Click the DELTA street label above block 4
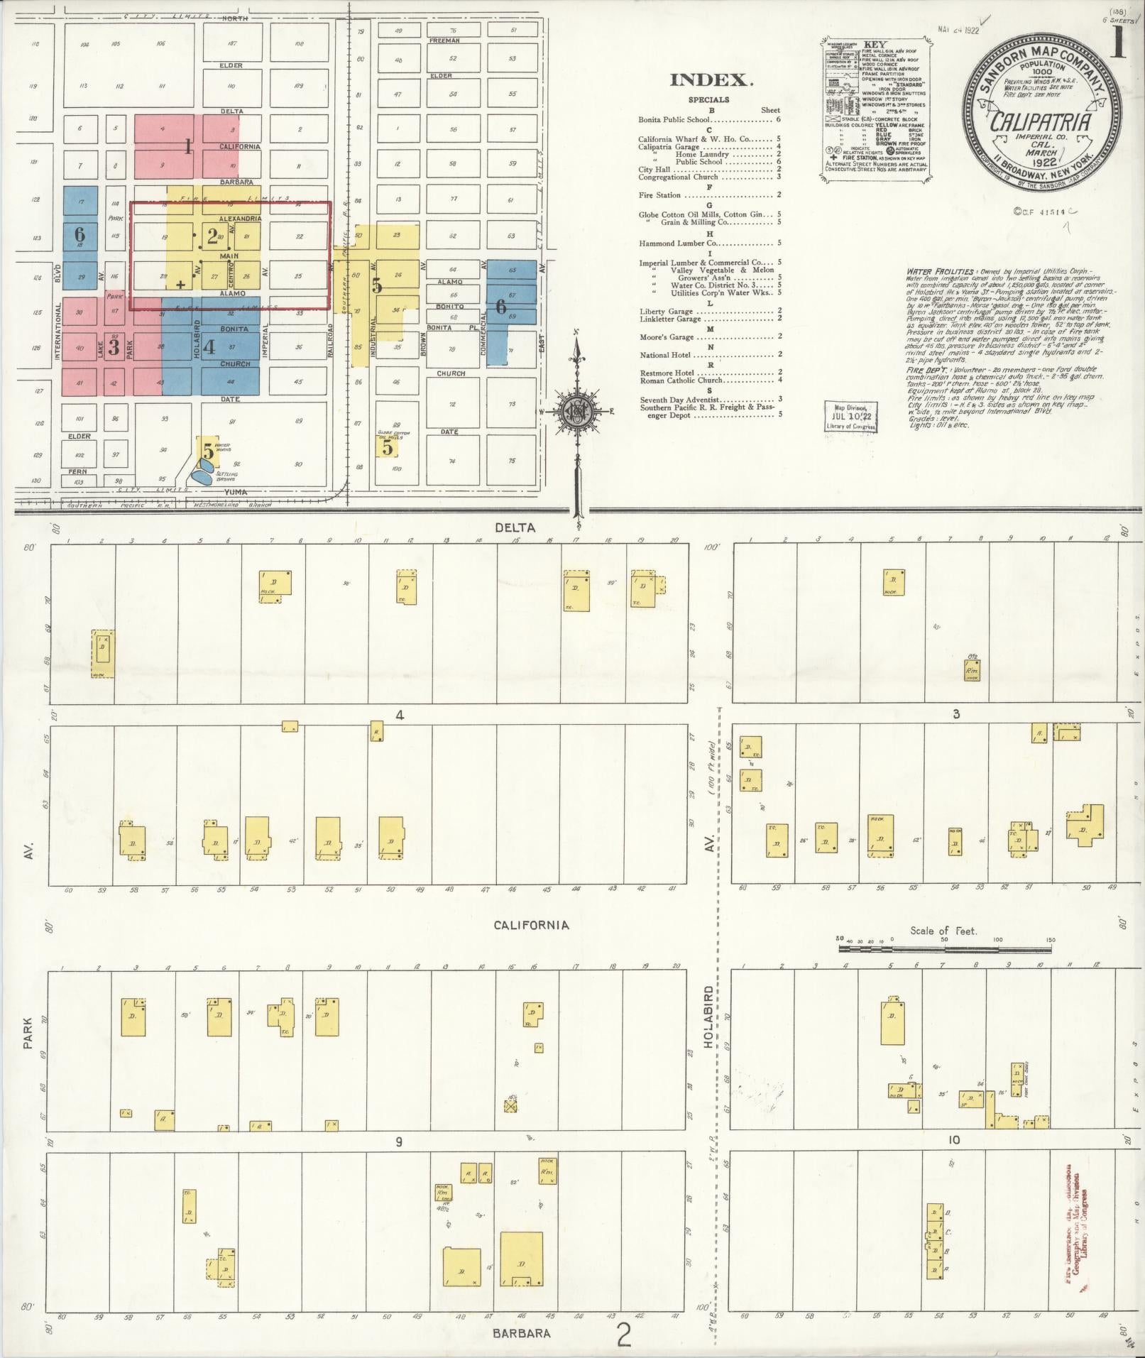(x=515, y=527)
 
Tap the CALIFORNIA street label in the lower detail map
(x=531, y=925)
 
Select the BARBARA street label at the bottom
(x=522, y=1333)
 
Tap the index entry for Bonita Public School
(x=674, y=120)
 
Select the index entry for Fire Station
(x=659, y=195)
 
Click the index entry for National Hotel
(x=668, y=354)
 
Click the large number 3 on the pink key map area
(x=114, y=349)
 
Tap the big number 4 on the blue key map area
(x=209, y=347)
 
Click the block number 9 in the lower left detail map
(x=399, y=1141)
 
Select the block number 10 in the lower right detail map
(x=953, y=1140)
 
